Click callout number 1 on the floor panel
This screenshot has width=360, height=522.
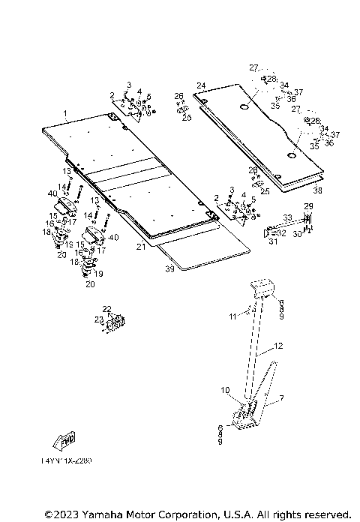click(65, 115)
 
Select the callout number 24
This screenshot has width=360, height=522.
click(201, 85)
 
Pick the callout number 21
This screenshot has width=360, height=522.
click(140, 246)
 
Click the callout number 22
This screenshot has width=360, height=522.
click(107, 310)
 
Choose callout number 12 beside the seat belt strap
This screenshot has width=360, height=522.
click(278, 346)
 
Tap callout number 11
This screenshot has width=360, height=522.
click(233, 316)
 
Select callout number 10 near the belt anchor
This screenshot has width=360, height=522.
click(224, 390)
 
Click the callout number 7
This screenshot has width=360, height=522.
click(281, 398)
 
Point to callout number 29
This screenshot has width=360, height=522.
click(307, 205)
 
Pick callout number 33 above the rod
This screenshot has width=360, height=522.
click(286, 217)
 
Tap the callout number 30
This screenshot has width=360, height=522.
click(298, 234)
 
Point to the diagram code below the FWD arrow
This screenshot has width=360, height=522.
click(66, 460)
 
